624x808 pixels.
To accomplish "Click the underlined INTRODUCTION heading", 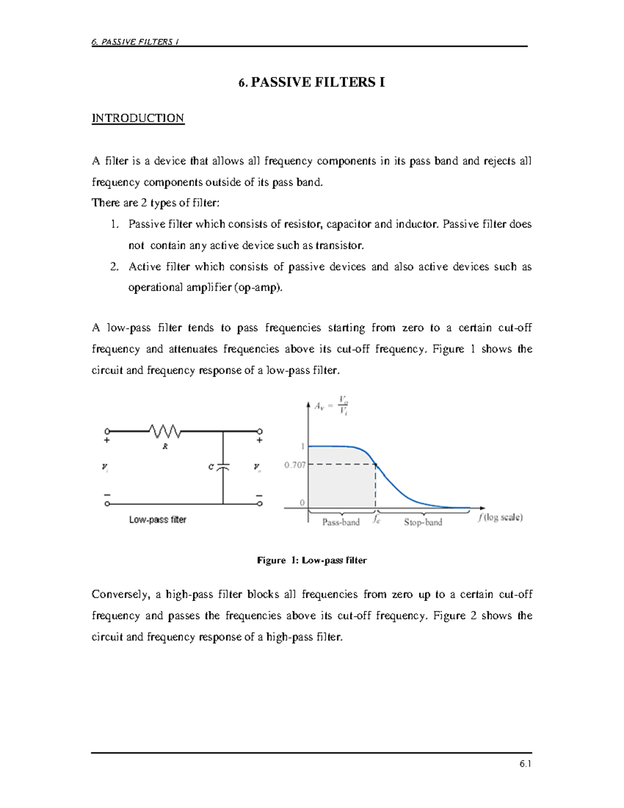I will click(x=138, y=118).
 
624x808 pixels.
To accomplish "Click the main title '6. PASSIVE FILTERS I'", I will click(x=311, y=82).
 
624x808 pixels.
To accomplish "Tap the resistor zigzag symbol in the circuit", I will click(x=165, y=431).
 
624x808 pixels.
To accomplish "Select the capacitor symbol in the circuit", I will click(x=223, y=467).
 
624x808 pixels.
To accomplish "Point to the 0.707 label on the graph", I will click(x=295, y=465).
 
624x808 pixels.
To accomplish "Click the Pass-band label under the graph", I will click(x=341, y=522).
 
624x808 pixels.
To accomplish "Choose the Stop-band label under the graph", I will click(x=423, y=522).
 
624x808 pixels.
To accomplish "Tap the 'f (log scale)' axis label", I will click(x=500, y=517).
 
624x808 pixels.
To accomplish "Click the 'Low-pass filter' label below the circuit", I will click(x=158, y=519).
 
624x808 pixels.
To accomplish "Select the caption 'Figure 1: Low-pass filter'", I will click(x=311, y=560).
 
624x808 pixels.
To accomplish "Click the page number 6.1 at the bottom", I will click(x=525, y=764).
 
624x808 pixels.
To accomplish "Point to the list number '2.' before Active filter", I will click(x=115, y=267).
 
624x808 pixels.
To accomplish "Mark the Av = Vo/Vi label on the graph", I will click(x=331, y=405).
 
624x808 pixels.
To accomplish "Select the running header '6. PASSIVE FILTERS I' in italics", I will click(x=135, y=42).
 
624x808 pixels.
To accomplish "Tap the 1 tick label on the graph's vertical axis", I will click(x=302, y=446).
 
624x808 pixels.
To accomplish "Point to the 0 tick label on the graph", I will click(x=302, y=503).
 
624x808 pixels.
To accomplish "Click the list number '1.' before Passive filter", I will click(x=115, y=224).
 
